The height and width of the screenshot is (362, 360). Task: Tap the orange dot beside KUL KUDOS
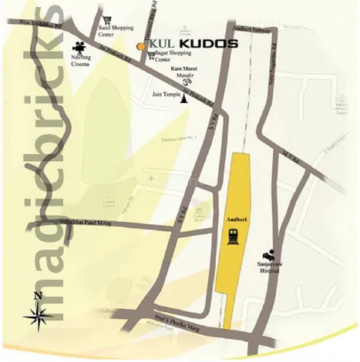click(140, 46)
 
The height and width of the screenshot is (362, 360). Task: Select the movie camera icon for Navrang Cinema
click(80, 45)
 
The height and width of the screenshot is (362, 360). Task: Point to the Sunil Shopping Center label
click(117, 31)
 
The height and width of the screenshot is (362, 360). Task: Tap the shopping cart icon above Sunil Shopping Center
click(107, 18)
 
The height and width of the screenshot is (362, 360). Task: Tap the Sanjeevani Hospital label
click(271, 266)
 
